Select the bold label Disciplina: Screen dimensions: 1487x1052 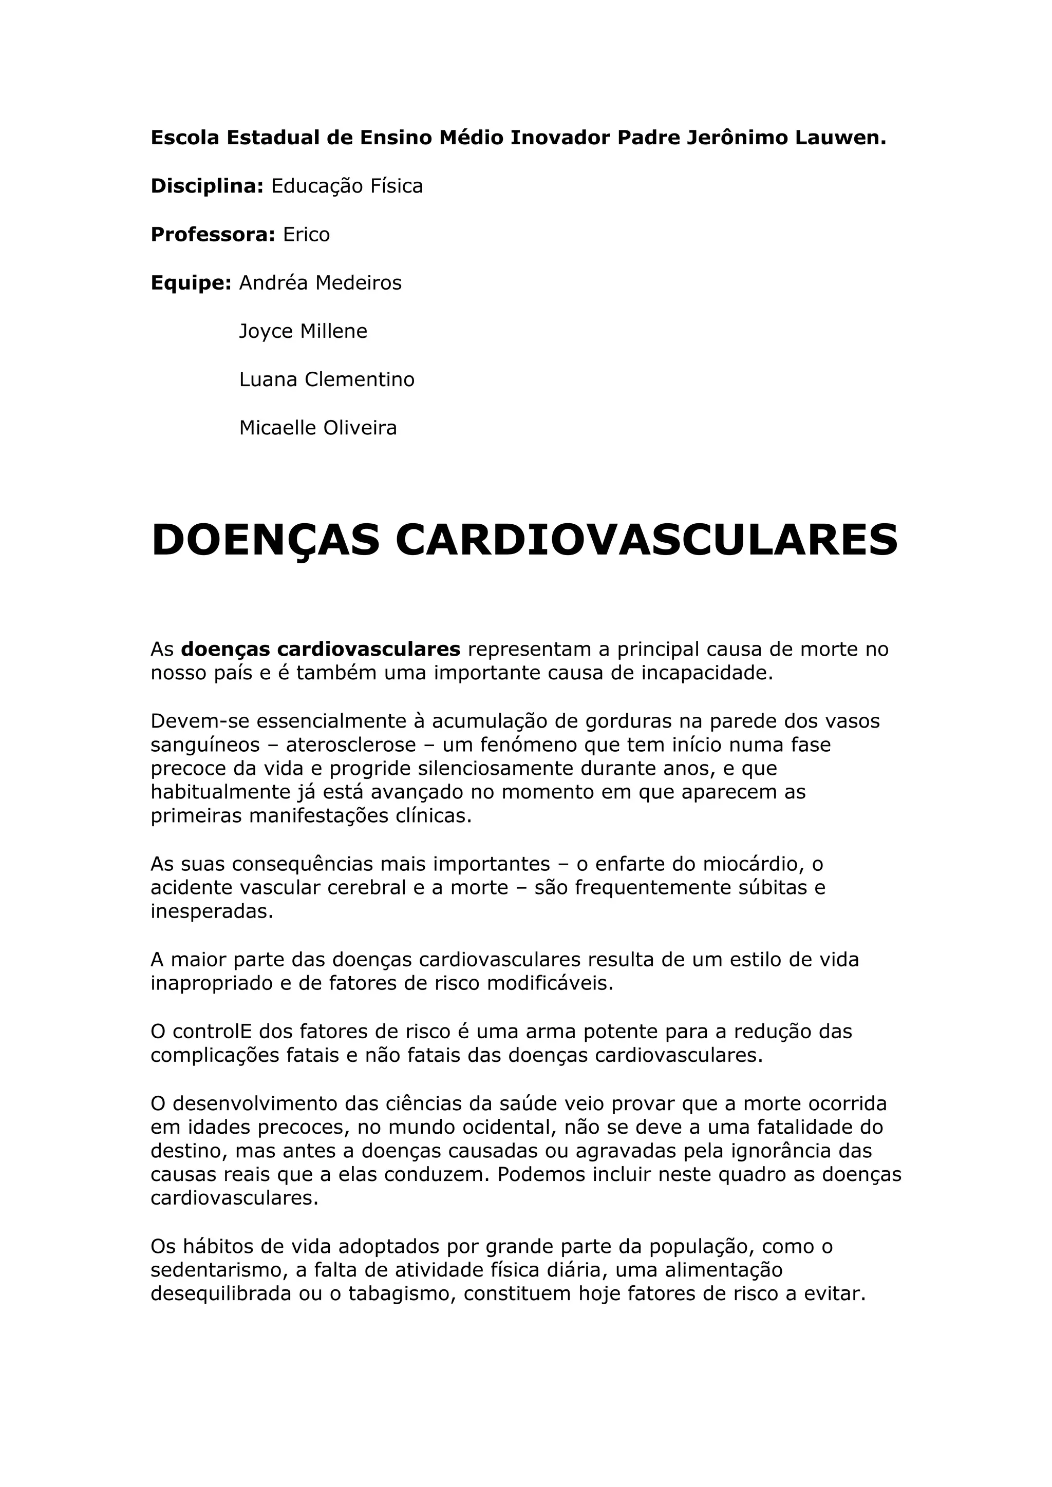(206, 186)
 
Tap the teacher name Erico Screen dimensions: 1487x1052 (306, 235)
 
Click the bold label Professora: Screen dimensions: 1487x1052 (213, 235)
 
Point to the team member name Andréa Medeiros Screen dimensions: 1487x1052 (320, 283)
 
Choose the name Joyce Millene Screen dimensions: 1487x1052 (303, 332)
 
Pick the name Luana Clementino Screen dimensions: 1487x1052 (327, 379)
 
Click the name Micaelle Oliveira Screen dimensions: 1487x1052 (317, 428)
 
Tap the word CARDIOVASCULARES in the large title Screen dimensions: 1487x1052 (647, 540)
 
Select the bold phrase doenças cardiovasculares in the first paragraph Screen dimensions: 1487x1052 (321, 649)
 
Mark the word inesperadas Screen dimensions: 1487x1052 (212, 912)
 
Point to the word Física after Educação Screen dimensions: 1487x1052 (396, 186)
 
